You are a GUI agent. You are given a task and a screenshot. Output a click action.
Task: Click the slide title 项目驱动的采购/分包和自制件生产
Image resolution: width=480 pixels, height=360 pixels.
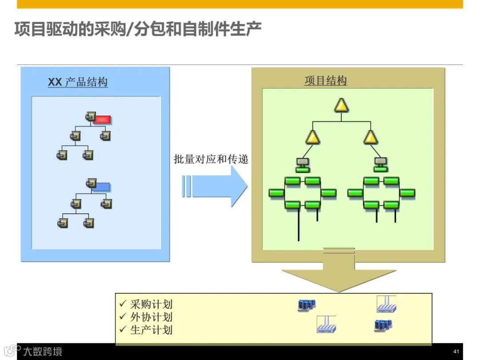click(138, 30)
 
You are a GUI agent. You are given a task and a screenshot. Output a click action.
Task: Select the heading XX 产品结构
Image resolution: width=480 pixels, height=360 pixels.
click(78, 82)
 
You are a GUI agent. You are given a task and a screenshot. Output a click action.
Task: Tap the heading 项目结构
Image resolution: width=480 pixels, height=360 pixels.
click(326, 81)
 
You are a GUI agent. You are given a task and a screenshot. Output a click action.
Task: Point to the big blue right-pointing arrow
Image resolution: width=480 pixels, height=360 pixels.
click(216, 186)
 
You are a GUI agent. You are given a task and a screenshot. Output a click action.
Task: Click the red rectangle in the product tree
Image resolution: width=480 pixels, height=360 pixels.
click(103, 119)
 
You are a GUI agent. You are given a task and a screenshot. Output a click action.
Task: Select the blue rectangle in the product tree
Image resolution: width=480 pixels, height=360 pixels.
click(103, 187)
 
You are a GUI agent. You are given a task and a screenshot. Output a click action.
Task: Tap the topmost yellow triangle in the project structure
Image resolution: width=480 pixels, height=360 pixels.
click(341, 105)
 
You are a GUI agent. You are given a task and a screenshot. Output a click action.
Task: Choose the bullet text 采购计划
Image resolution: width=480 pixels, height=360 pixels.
click(151, 304)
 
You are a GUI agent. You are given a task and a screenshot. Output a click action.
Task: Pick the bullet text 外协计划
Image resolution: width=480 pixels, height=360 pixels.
click(151, 317)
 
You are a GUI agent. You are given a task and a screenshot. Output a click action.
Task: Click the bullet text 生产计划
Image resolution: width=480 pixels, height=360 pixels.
click(151, 330)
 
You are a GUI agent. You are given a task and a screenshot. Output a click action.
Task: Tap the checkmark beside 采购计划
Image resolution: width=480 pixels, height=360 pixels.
click(123, 304)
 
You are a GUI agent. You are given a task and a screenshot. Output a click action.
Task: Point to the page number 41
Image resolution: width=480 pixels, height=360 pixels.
click(456, 352)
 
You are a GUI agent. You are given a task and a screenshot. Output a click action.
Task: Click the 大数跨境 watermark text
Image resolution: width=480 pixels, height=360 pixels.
click(43, 352)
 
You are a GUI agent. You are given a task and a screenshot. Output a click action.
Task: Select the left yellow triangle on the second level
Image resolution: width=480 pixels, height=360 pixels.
click(312, 137)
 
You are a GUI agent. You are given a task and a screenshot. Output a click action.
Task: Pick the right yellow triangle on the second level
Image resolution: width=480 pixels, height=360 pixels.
click(371, 137)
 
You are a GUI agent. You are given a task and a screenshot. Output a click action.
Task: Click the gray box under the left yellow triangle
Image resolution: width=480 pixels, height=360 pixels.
click(303, 161)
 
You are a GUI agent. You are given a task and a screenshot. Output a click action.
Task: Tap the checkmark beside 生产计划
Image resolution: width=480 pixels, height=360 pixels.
click(123, 330)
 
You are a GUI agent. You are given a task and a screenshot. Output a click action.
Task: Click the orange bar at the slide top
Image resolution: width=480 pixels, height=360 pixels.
click(240, 4)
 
